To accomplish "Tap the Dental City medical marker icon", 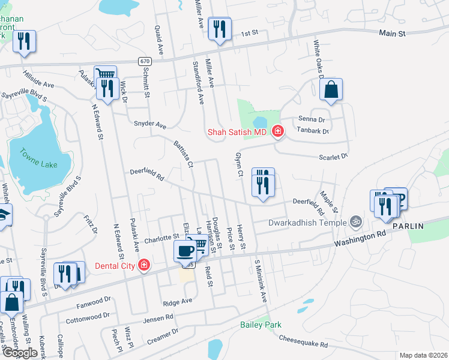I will coord(143,265).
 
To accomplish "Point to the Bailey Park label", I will coord(261,325).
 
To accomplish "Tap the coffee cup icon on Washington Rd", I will coord(184,250).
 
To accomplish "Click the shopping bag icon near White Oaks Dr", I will coord(331,90).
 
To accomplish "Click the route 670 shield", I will coord(144,61).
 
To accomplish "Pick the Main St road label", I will coord(392,34).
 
